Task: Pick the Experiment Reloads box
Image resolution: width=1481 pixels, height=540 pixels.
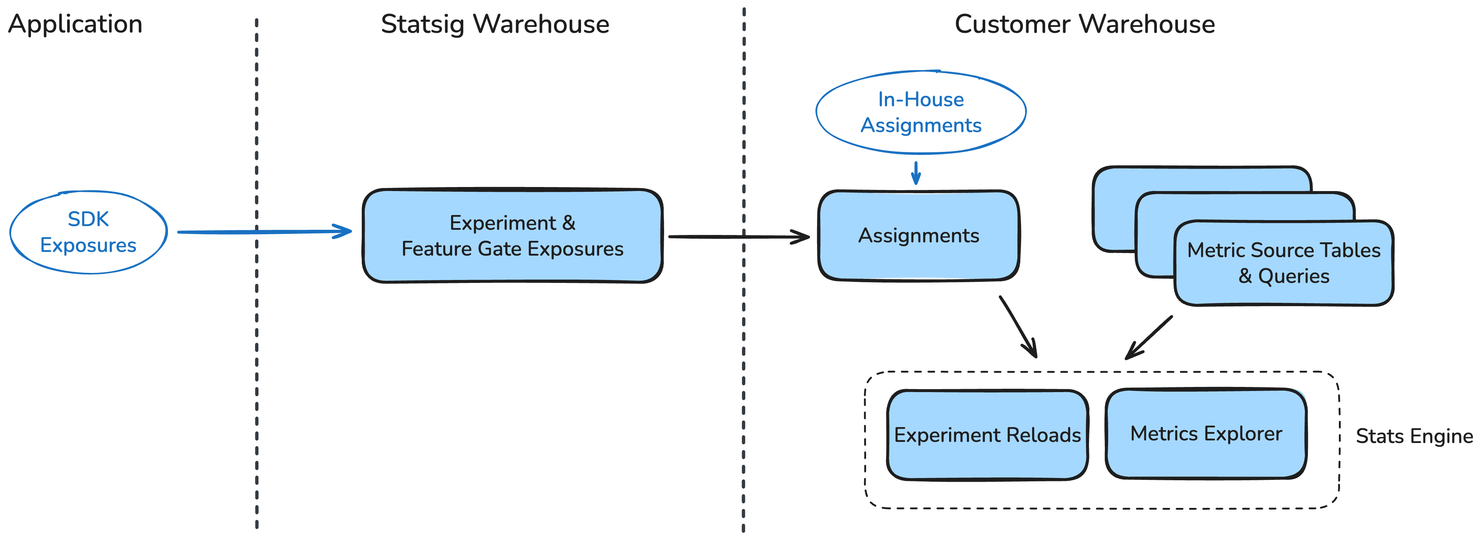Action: click(x=987, y=435)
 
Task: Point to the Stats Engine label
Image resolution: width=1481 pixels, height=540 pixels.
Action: click(x=1414, y=436)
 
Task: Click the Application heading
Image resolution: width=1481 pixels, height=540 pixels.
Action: click(x=75, y=24)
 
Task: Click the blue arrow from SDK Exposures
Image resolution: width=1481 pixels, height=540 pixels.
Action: click(x=264, y=232)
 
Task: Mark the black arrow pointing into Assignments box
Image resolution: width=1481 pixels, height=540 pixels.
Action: click(x=739, y=236)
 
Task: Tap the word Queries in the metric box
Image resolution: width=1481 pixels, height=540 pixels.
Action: click(x=1293, y=276)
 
